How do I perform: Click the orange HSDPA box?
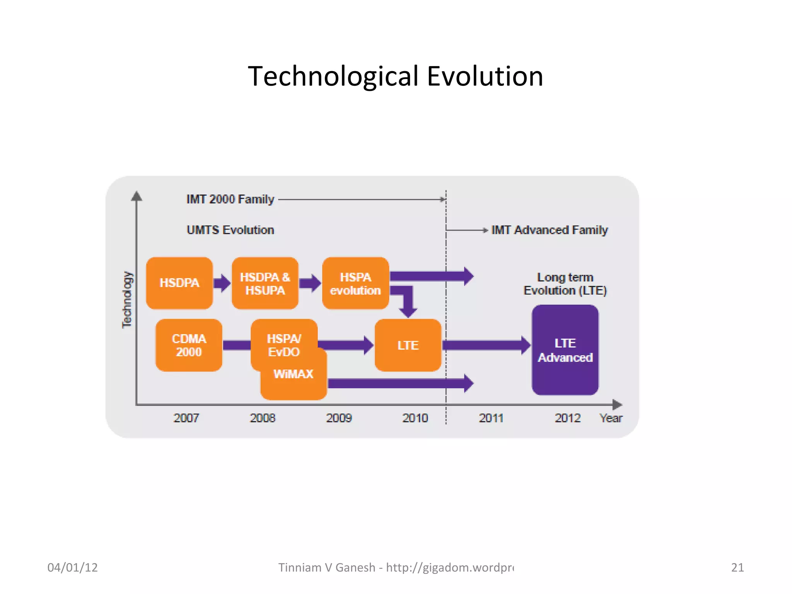coord(179,283)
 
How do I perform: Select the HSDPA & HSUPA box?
coord(265,283)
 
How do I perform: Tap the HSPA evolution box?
coord(355,283)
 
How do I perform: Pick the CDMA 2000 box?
coord(189,345)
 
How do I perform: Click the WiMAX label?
coord(293,374)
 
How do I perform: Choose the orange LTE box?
coord(408,345)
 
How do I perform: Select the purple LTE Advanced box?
coord(565,350)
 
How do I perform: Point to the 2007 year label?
coord(186,418)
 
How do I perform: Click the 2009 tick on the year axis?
coord(339,418)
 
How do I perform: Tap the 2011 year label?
coord(491,418)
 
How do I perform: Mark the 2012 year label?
coord(568,418)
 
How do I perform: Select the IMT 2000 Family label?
coord(230,199)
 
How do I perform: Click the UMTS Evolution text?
coord(230,230)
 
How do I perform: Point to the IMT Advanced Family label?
coord(550,230)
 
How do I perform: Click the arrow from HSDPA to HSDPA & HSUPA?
coord(222,283)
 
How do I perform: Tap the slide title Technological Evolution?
coord(396,76)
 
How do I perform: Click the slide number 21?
coord(737,567)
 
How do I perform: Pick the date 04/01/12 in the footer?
coord(72,567)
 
